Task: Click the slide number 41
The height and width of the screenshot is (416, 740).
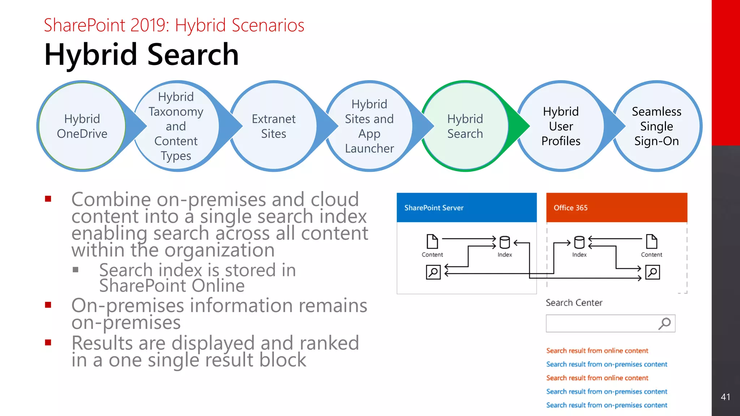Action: (725, 397)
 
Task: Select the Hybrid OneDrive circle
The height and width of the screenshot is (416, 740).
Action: (82, 126)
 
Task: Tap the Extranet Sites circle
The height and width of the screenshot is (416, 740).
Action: (274, 126)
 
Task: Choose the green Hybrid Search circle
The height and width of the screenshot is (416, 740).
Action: (465, 126)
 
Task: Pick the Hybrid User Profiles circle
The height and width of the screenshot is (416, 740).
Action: (561, 126)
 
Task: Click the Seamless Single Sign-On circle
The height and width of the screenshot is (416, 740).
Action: (657, 126)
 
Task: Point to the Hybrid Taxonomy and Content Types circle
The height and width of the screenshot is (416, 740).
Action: (176, 126)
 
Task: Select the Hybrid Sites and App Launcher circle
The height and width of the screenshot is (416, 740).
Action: (369, 126)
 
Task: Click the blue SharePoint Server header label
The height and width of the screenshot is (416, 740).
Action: (434, 208)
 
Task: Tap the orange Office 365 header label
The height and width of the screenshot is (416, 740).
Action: (571, 208)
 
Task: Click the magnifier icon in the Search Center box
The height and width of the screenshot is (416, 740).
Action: (664, 323)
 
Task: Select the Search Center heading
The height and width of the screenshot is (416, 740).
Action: (574, 303)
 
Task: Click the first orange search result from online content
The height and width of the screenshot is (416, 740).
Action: (597, 351)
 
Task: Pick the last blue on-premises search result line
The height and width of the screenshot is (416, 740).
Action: (607, 405)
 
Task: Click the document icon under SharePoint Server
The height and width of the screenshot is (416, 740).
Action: (432, 242)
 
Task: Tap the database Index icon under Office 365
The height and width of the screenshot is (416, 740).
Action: (579, 242)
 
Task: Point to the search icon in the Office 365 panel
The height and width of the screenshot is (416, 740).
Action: (653, 272)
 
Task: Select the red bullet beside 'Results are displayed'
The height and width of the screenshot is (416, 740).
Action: (48, 342)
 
